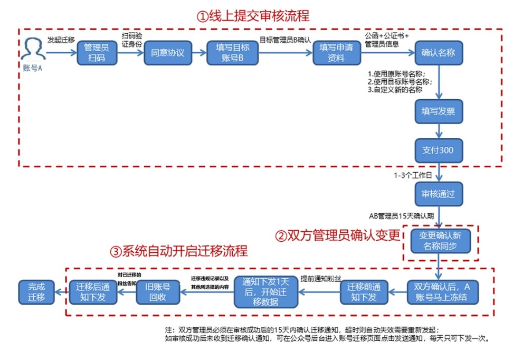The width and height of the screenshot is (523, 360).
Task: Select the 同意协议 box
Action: click(x=167, y=52)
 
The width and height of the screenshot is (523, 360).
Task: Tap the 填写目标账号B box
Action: click(x=232, y=52)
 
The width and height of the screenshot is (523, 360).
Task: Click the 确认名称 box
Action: click(x=439, y=52)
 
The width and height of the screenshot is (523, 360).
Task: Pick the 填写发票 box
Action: click(x=439, y=112)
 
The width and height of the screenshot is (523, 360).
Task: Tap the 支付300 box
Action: click(x=439, y=150)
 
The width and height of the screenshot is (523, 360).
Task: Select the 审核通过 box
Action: click(x=439, y=194)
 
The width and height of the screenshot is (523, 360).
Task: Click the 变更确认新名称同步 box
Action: click(x=439, y=241)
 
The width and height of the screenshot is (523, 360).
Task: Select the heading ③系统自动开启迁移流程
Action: click(x=178, y=251)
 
